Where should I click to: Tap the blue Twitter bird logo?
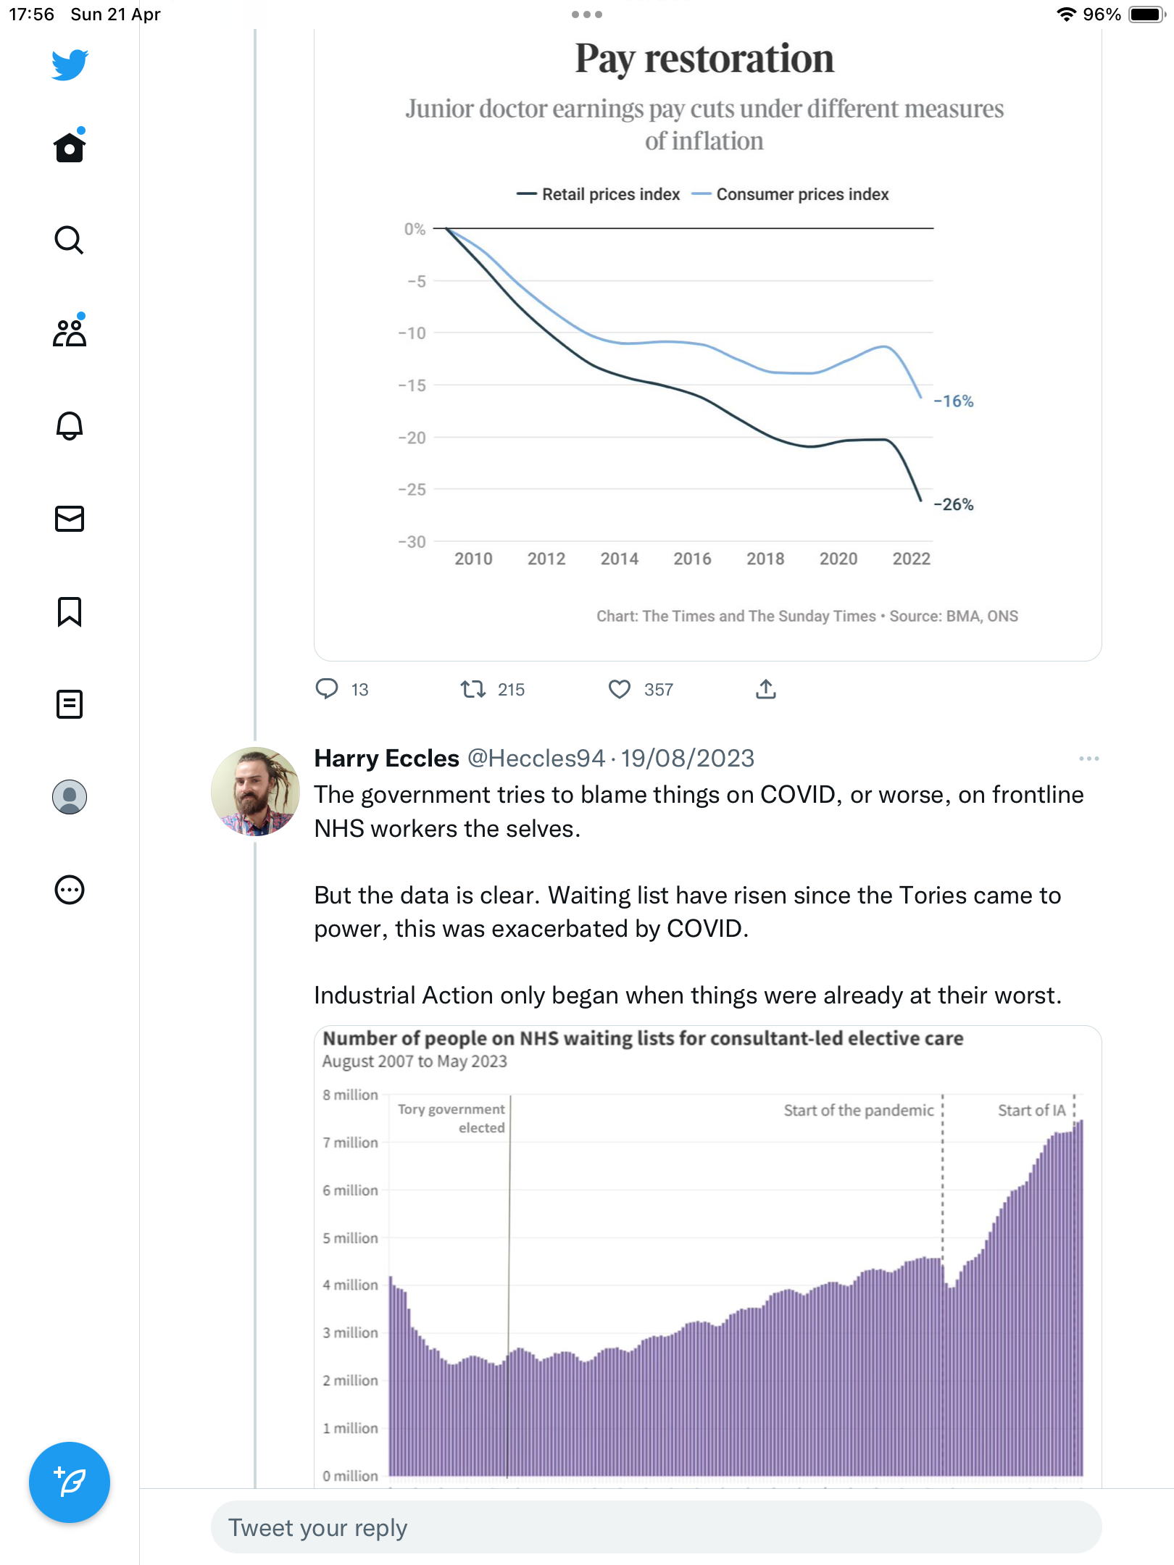pos(70,65)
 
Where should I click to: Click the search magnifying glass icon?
pos(70,240)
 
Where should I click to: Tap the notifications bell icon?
pos(70,425)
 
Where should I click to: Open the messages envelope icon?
pos(70,519)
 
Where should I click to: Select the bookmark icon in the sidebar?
pos(70,612)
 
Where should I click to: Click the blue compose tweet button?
pos(70,1482)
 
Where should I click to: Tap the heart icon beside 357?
pos(620,689)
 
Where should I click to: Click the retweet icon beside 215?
pos(473,689)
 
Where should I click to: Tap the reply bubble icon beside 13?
pos(327,689)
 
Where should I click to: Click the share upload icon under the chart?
pos(766,689)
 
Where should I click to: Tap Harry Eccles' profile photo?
pos(255,791)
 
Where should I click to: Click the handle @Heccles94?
pos(536,759)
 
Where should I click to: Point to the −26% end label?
pos(954,504)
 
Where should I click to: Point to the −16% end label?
pos(954,401)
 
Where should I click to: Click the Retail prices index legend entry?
pos(599,194)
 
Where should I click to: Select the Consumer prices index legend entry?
pos(791,194)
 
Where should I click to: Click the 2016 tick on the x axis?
pos(692,559)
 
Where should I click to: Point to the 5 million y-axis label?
pos(351,1238)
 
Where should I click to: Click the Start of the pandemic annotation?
pos(859,1111)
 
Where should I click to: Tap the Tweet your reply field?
pos(657,1527)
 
